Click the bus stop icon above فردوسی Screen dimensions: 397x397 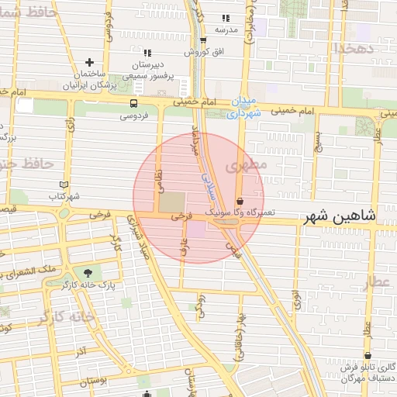[134, 103]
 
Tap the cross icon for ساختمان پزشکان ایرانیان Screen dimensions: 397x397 [90, 62]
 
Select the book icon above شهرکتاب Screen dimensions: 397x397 [64, 185]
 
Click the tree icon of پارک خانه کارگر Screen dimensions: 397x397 [87, 272]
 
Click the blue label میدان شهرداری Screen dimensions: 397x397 [246, 108]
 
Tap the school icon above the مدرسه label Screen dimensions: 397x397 [226, 18]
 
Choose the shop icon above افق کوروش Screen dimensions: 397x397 [203, 40]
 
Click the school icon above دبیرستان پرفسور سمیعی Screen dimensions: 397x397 [147, 53]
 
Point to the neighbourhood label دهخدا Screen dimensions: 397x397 [354, 48]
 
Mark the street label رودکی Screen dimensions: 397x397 [201, 305]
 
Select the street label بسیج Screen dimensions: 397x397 [317, 140]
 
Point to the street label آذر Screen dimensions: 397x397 [81, 353]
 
